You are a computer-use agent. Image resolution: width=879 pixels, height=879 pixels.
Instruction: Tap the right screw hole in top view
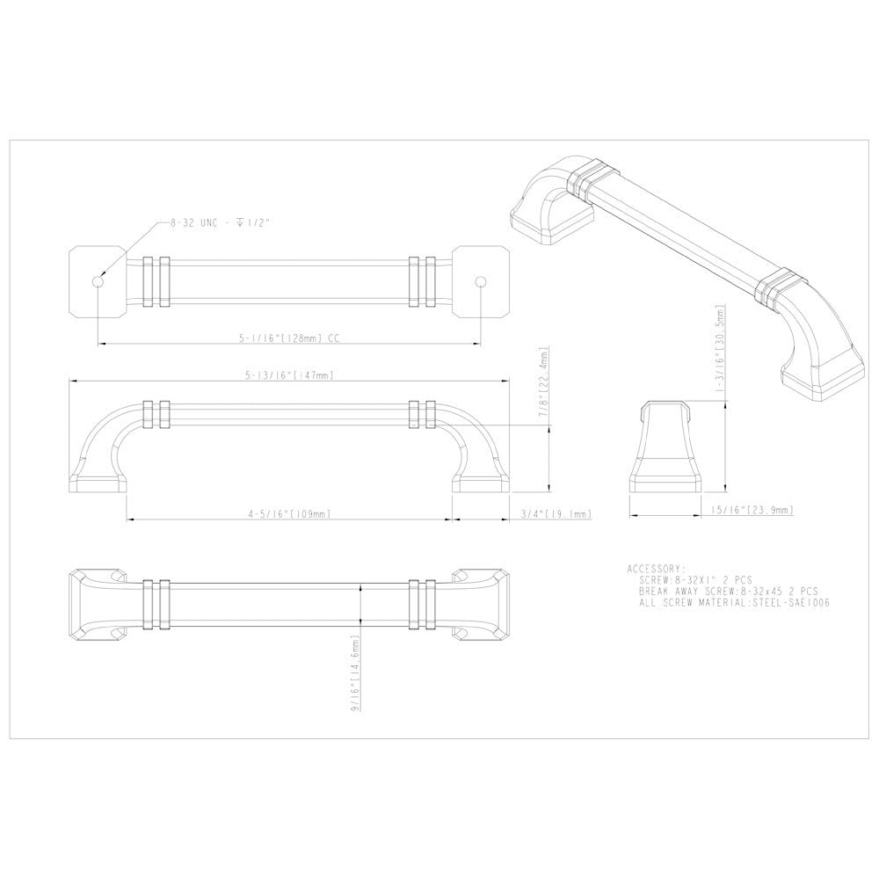(480, 280)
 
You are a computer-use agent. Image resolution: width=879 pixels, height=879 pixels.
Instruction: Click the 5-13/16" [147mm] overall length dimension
(288, 375)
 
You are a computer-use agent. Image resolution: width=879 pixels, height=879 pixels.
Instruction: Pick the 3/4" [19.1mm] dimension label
(556, 513)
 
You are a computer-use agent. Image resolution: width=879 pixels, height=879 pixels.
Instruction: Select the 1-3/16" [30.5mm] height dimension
(721, 350)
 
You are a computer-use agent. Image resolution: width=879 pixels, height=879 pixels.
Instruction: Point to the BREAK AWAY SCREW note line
(729, 592)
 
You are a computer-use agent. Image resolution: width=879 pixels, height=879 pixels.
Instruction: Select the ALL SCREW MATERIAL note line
(735, 603)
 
